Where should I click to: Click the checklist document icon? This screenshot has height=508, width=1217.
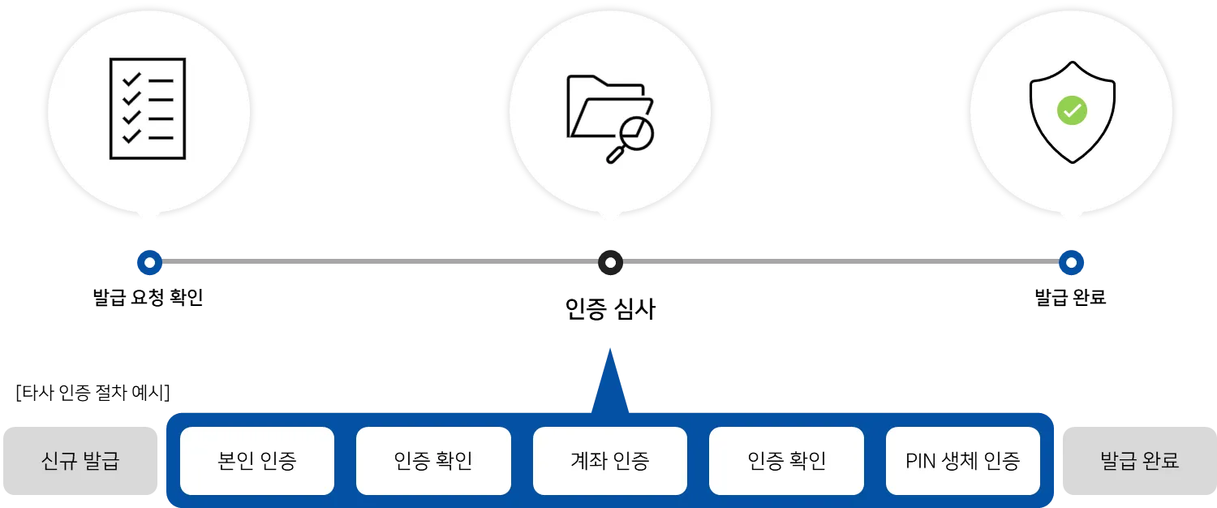tap(148, 108)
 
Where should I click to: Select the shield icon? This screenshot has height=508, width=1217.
tap(1072, 110)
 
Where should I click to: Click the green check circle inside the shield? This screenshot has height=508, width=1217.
tap(1072, 110)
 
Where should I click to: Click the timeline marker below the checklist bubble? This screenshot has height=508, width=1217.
tap(149, 262)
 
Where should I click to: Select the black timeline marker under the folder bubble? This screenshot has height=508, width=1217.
tap(610, 262)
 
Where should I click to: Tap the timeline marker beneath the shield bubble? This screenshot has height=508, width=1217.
tap(1071, 262)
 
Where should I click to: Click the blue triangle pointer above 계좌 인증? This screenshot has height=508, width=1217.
tap(610, 381)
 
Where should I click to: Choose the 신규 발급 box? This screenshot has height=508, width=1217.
tap(80, 461)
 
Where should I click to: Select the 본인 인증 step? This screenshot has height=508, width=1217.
tap(257, 461)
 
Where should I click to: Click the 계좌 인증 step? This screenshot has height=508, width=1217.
tap(610, 461)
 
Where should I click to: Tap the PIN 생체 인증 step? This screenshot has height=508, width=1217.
tap(962, 461)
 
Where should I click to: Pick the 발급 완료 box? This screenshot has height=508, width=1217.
tap(1139, 461)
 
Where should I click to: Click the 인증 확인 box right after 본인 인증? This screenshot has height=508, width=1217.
tap(433, 461)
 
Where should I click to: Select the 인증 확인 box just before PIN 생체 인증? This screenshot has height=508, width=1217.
tap(786, 461)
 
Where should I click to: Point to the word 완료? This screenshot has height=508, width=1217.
tap(1159, 461)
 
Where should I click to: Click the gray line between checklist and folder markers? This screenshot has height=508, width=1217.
tap(380, 260)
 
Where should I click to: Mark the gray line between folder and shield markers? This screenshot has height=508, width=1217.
tap(841, 260)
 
